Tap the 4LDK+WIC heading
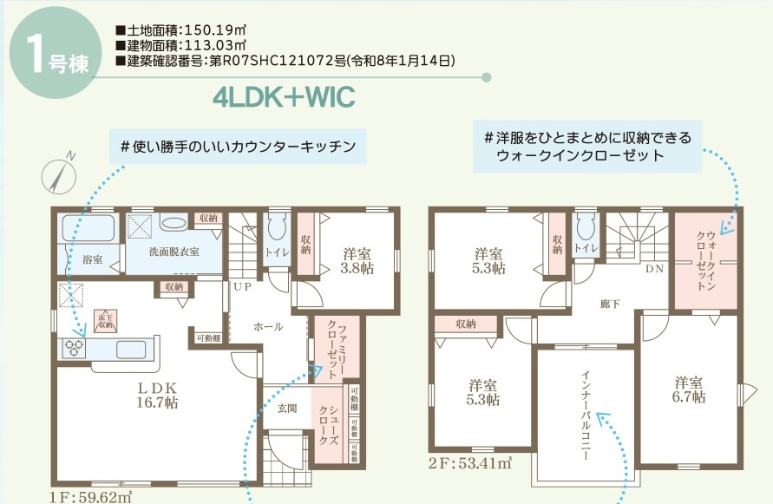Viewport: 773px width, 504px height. [284, 97]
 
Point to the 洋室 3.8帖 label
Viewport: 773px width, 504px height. [357, 261]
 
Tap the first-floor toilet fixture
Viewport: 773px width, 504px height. [277, 228]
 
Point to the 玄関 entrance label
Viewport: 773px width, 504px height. [286, 408]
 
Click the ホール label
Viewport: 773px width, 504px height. [268, 327]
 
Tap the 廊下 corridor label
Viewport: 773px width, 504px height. [611, 304]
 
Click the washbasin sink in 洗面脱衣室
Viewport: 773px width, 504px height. [174, 222]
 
